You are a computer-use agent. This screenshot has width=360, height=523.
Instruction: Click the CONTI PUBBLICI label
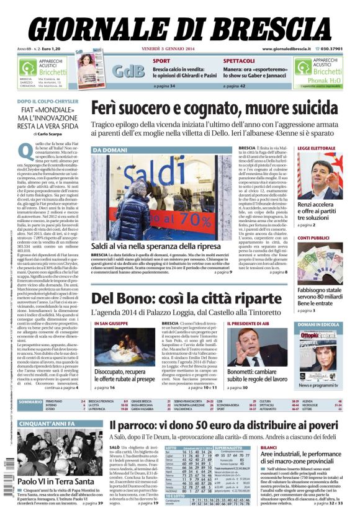point(313,238)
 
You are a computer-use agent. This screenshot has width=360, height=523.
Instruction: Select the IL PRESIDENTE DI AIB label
point(249,324)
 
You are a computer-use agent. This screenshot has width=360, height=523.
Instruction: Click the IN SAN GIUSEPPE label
point(110,324)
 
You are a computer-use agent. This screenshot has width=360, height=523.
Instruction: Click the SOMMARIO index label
point(30,403)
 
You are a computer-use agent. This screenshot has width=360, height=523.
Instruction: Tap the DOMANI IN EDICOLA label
point(318,324)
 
